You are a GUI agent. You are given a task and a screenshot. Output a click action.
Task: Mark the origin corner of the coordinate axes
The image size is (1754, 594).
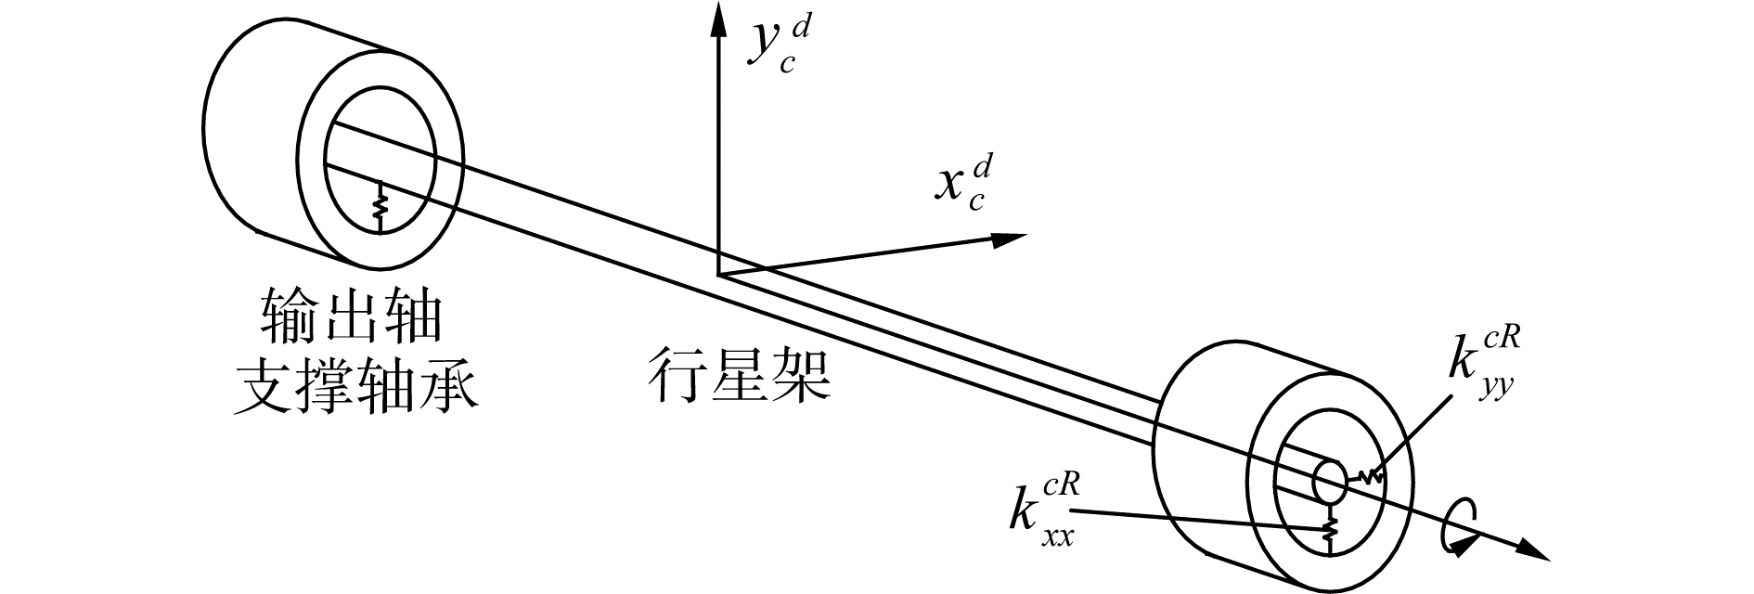click(717, 275)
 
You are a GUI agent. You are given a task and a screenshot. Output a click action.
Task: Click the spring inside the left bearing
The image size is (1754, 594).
click(379, 206)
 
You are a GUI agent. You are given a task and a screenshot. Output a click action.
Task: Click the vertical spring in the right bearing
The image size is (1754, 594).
click(1330, 529)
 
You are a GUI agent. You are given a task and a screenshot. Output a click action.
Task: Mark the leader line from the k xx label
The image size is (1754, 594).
click(1197, 519)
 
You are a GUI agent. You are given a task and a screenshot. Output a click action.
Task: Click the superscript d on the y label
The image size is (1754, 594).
click(801, 30)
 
